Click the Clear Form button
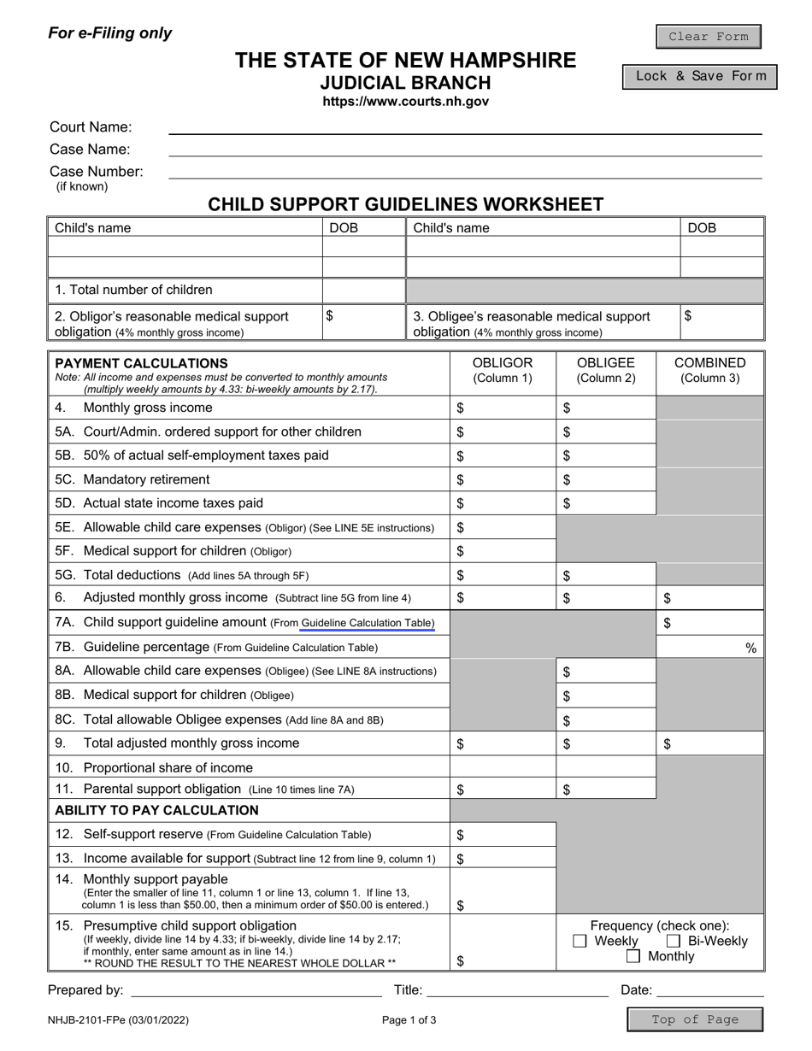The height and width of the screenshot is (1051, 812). coord(708,37)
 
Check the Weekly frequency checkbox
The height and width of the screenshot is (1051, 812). coord(580,941)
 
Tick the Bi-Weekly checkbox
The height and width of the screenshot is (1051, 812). coord(673,941)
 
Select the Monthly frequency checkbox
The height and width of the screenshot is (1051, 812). coord(633,956)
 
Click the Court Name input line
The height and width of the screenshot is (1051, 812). coord(465,127)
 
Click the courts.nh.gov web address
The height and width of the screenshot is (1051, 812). coord(405,102)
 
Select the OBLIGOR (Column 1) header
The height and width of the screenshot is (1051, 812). coord(503,369)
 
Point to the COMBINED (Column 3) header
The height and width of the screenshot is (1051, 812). coord(709,369)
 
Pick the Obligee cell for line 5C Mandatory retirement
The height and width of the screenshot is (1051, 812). coord(607,479)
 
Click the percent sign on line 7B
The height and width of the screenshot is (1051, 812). coord(750,648)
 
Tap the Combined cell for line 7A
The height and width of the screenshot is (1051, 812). coord(709,623)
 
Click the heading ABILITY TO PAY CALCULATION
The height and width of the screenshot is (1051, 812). coord(156,810)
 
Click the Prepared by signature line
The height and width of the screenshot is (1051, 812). coord(256,991)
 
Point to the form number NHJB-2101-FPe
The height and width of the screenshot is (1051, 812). coord(118,1019)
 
